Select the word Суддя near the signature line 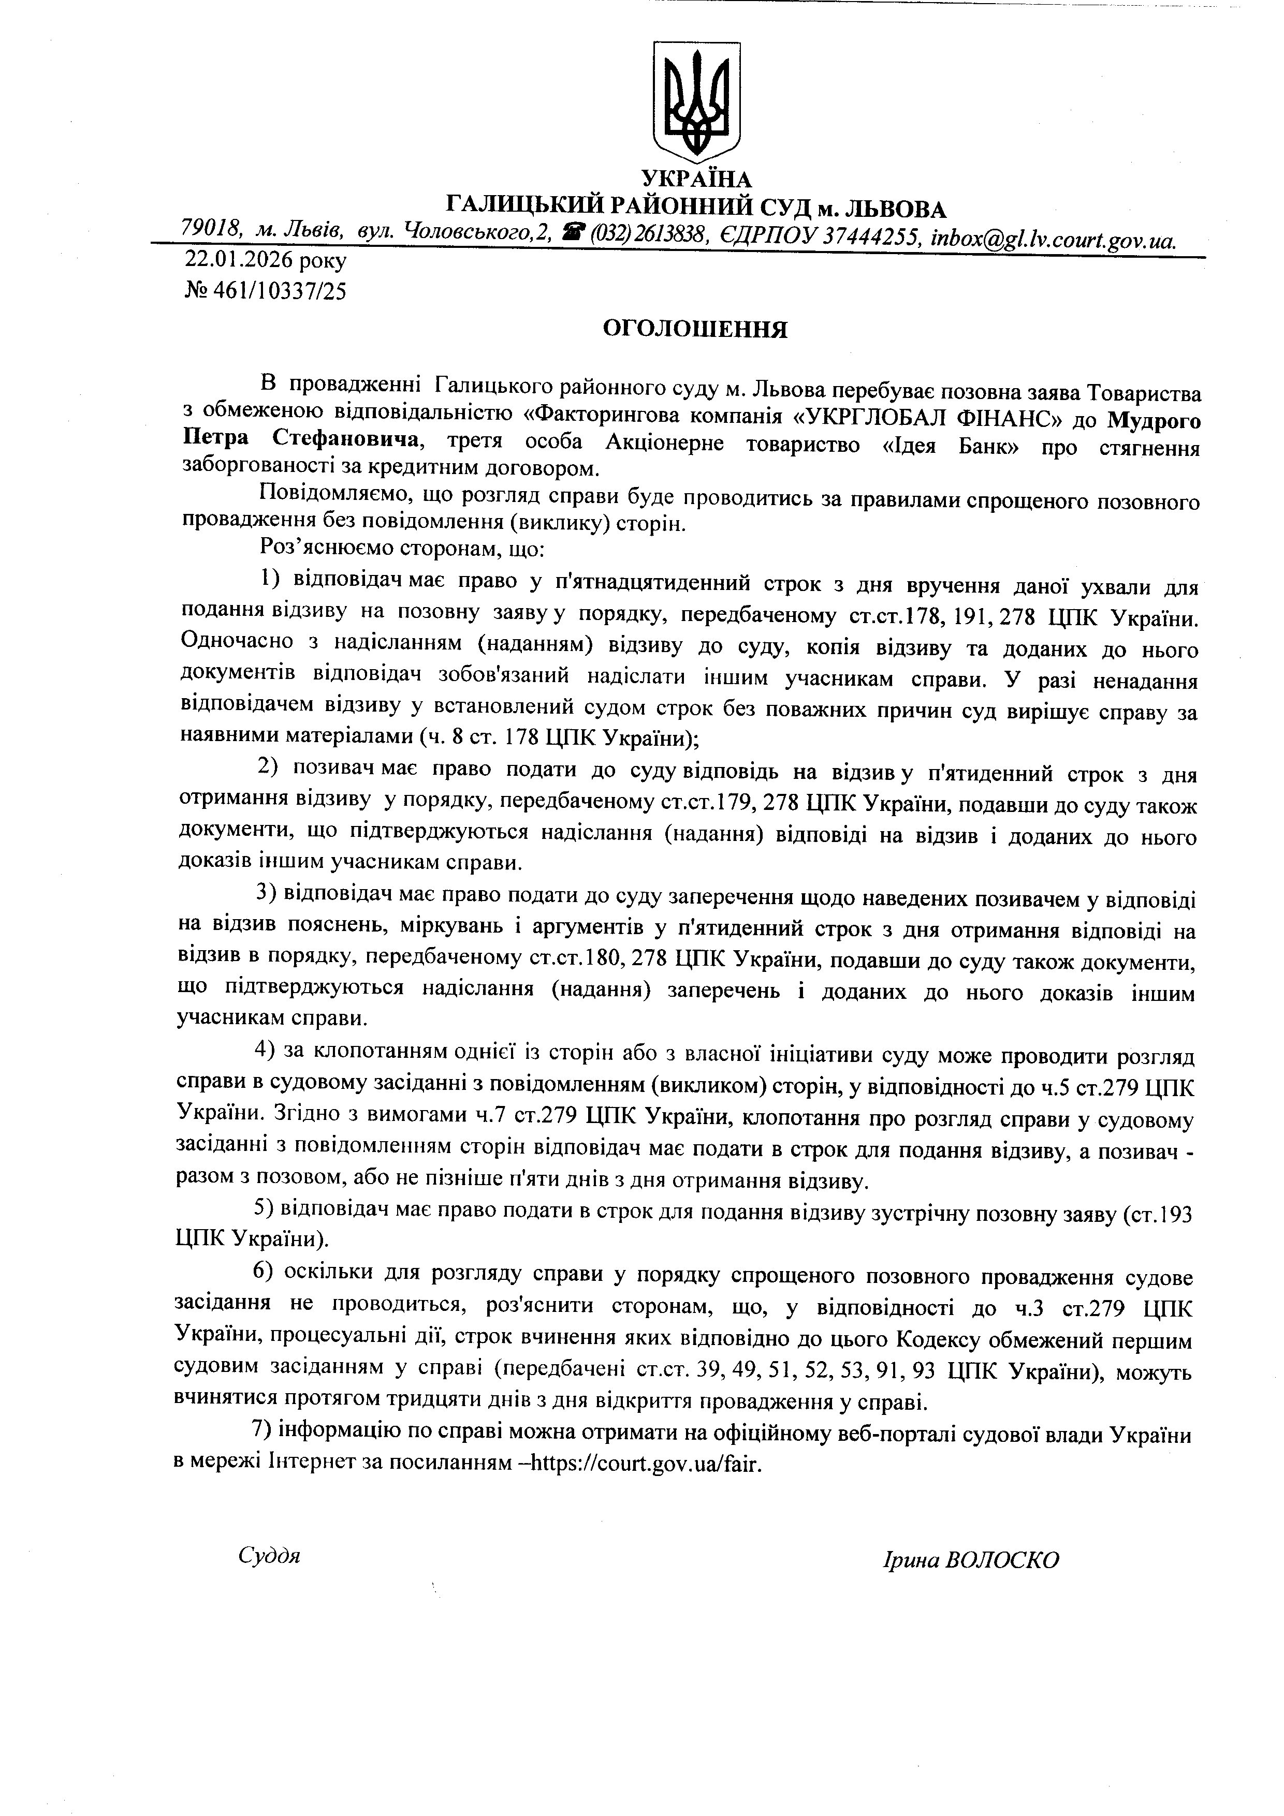(269, 1557)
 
